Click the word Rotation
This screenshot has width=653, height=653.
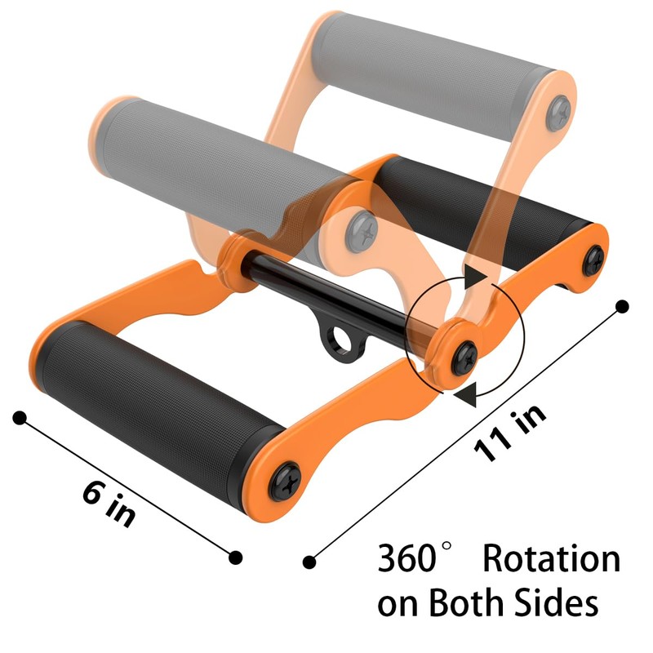click(551, 559)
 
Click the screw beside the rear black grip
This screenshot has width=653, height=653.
click(595, 259)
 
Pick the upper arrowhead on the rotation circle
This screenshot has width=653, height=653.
click(474, 278)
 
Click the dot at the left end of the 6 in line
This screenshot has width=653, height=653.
click(20, 418)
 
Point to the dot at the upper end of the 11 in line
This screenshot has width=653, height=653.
click(623, 306)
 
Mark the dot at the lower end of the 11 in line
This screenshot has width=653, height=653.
click(309, 562)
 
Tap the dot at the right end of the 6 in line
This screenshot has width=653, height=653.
click(236, 557)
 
